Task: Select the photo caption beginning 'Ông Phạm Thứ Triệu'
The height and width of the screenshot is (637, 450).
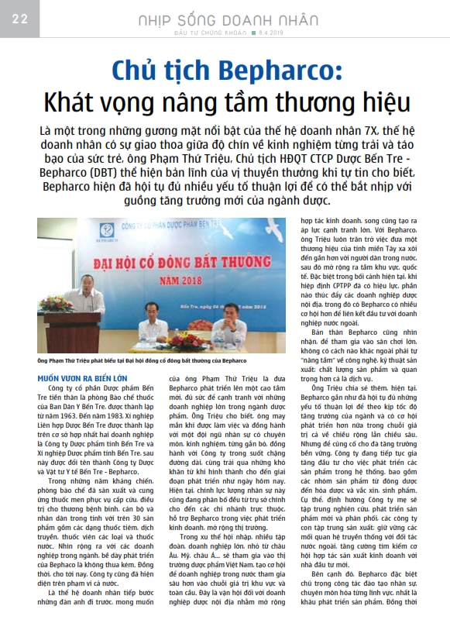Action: coord(142,360)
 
